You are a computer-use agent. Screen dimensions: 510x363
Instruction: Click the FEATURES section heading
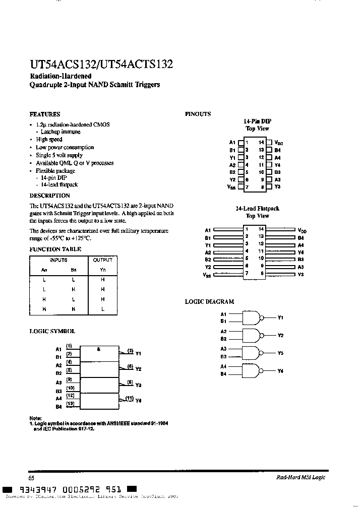[x=45, y=114]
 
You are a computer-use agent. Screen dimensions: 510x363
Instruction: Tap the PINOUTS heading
[x=198, y=114]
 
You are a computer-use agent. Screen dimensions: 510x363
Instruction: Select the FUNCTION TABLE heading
[x=55, y=249]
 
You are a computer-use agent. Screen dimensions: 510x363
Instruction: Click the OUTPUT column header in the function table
[x=102, y=260]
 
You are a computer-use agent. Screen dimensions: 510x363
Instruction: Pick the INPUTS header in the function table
[x=58, y=260]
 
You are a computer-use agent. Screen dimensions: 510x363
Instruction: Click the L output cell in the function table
[x=102, y=309]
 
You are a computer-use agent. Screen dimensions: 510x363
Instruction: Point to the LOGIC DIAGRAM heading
[x=209, y=301]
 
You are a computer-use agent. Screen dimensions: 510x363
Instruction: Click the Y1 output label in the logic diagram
[x=281, y=318]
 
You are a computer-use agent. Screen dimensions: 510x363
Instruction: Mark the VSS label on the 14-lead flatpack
[x=207, y=275]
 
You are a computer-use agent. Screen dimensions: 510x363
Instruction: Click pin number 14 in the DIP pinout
[x=261, y=143]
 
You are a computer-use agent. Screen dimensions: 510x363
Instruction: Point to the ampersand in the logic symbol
[x=99, y=349]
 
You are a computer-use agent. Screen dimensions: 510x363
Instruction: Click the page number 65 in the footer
[x=31, y=478]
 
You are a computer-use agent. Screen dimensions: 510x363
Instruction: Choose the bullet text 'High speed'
[x=49, y=140]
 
